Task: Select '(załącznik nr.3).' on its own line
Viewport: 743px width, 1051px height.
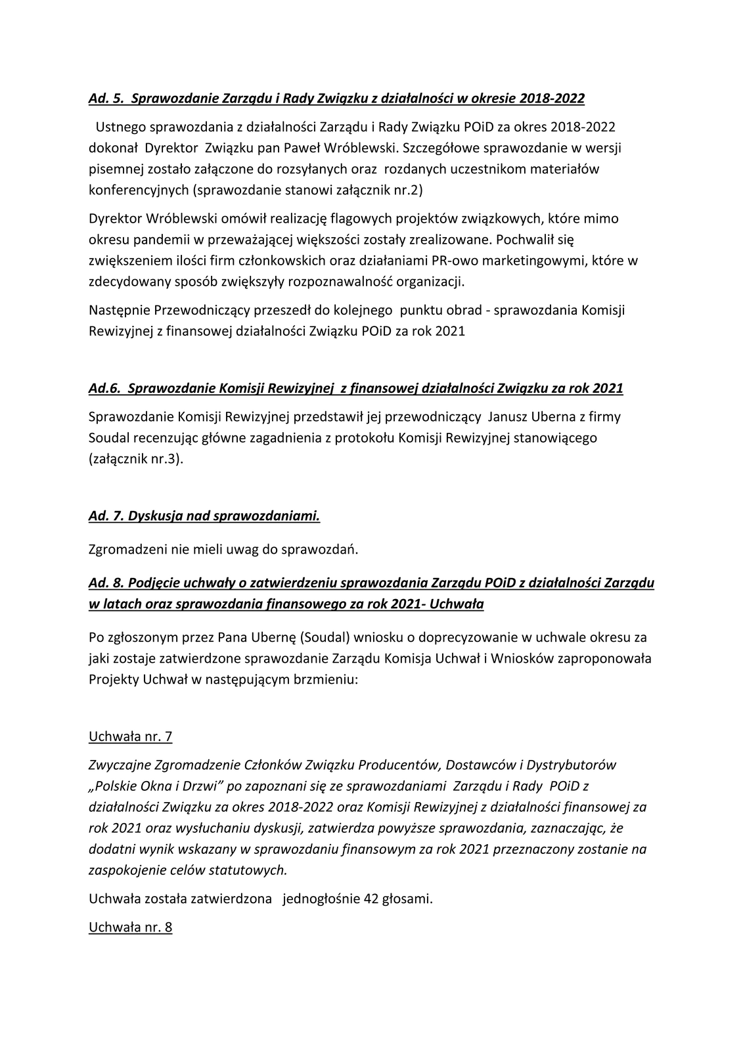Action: [x=136, y=459]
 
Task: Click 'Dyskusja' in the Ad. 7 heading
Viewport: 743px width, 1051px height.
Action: [x=154, y=516]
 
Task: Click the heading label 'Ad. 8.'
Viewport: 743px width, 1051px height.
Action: [x=106, y=583]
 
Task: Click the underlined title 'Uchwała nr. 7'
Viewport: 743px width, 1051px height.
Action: [x=130, y=736]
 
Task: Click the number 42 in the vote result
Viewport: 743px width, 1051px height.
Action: [x=370, y=899]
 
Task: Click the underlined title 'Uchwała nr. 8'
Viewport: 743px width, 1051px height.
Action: [x=130, y=928]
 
